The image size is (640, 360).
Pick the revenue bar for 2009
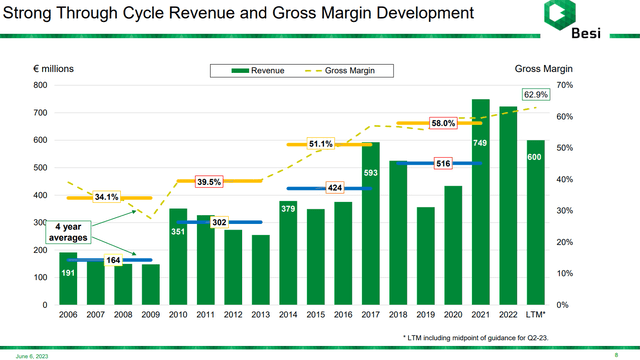click(150, 284)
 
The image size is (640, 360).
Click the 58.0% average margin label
click(444, 123)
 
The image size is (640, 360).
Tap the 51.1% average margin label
click(321, 144)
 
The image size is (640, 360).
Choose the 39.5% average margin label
click(208, 181)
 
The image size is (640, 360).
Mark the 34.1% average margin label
click(105, 197)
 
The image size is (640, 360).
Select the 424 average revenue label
click(335, 187)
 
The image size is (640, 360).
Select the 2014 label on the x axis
click(288, 315)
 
